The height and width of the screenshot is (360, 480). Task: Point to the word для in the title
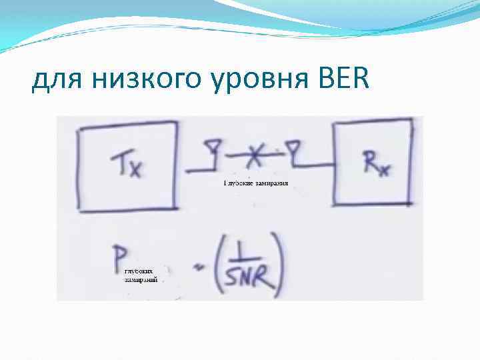coord(55,83)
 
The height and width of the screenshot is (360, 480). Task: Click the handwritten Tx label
coord(127,164)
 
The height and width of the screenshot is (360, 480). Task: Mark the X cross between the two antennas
coord(252,155)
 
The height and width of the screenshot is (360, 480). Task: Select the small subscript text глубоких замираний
coord(141,276)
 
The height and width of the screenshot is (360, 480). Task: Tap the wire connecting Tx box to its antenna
coord(197,171)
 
